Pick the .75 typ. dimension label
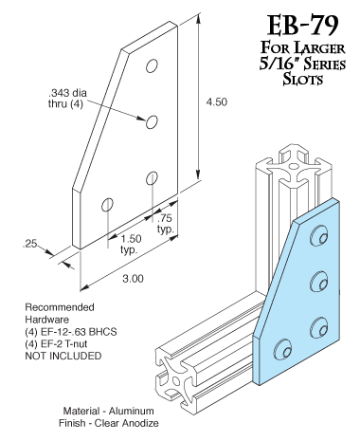166,224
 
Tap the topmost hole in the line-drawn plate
153,67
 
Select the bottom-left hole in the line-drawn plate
107,203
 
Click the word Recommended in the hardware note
59,308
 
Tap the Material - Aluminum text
106,411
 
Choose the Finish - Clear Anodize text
106,422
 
